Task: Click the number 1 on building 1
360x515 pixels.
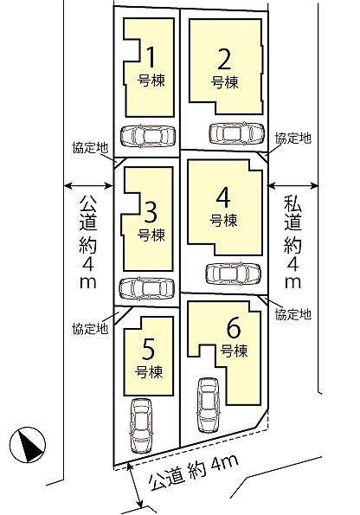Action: [151, 58]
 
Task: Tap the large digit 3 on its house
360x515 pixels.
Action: [151, 210]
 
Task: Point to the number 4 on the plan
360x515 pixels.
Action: [222, 196]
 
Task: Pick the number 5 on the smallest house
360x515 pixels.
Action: [147, 350]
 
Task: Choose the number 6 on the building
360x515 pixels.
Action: [233, 329]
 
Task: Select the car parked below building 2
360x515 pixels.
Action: [236, 133]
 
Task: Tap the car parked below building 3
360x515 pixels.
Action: [146, 287]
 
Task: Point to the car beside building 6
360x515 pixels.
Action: [208, 405]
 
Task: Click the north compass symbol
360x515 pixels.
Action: [29, 446]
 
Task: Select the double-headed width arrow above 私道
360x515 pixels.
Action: [293, 184]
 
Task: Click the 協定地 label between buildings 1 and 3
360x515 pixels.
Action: [89, 148]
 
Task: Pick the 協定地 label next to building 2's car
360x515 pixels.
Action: [292, 138]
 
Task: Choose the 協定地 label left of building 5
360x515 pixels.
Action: [89, 328]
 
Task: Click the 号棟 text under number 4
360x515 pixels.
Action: [223, 220]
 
